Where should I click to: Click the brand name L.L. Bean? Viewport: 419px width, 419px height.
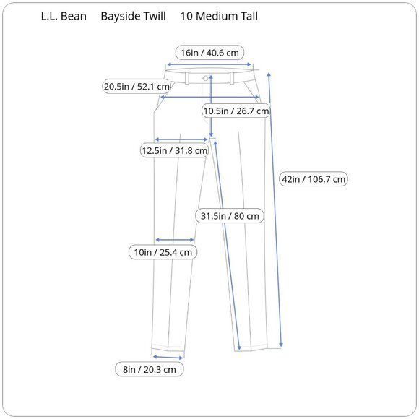pyautogui.click(x=63, y=16)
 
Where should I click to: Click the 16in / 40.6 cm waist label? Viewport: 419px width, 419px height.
pyautogui.click(x=211, y=52)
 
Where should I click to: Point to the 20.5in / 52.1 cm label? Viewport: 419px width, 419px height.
pyautogui.click(x=137, y=87)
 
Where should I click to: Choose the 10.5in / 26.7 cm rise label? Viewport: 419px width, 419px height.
pyautogui.click(x=236, y=111)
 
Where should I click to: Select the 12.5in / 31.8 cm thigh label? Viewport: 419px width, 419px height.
pyautogui.click(x=174, y=150)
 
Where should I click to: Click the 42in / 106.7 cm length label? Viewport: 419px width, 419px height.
pyautogui.click(x=314, y=179)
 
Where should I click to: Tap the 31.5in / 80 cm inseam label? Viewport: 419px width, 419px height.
pyautogui.click(x=229, y=215)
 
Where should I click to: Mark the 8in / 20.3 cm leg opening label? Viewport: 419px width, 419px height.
pyautogui.click(x=149, y=369)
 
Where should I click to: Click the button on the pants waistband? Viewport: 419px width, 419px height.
pyautogui.click(x=206, y=77)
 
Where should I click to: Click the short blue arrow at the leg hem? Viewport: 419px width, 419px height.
pyautogui.click(x=168, y=356)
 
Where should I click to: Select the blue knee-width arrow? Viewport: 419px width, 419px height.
pyautogui.click(x=174, y=240)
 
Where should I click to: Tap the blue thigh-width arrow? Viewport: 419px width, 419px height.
pyautogui.click(x=181, y=139)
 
